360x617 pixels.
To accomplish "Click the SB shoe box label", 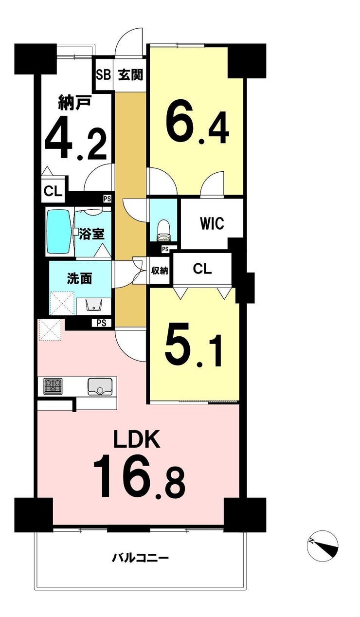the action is [x=103, y=74].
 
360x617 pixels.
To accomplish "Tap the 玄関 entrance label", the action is [x=131, y=74].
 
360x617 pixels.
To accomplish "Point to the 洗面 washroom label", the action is [x=80, y=279].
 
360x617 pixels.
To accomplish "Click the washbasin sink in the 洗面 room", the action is [x=94, y=305].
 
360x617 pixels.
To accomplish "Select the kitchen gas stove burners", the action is [x=53, y=386].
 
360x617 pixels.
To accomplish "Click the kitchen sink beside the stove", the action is [x=100, y=387].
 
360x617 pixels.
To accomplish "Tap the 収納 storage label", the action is [x=160, y=271].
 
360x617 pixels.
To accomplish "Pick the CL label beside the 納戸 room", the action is [x=53, y=192].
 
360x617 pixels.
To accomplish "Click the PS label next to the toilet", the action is [x=165, y=249].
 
